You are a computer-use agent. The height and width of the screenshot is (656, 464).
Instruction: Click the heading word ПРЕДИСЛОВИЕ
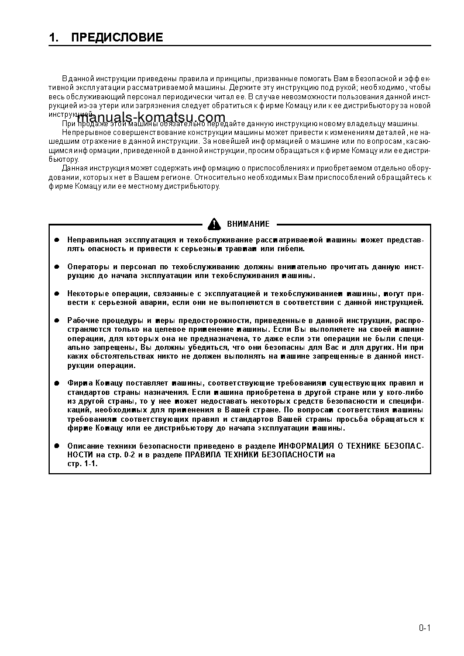click(117, 38)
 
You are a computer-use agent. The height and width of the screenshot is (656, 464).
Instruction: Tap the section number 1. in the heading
click(54, 38)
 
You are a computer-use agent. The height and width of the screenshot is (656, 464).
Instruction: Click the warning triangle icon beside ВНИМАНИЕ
click(215, 224)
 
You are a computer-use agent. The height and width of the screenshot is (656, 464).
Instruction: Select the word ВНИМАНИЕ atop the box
click(248, 224)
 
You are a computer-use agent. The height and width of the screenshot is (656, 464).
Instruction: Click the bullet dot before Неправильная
click(57, 240)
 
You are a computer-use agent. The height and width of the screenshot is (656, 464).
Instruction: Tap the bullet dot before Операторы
click(57, 267)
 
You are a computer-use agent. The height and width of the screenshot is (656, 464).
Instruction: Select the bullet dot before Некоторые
click(57, 294)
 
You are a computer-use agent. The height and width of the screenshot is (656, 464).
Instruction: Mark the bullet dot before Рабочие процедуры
click(57, 321)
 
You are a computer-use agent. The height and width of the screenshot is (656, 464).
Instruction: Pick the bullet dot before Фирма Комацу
click(57, 383)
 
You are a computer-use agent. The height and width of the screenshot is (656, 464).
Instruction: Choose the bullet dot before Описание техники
click(57, 446)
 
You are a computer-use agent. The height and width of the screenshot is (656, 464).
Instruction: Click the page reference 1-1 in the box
click(90, 463)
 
